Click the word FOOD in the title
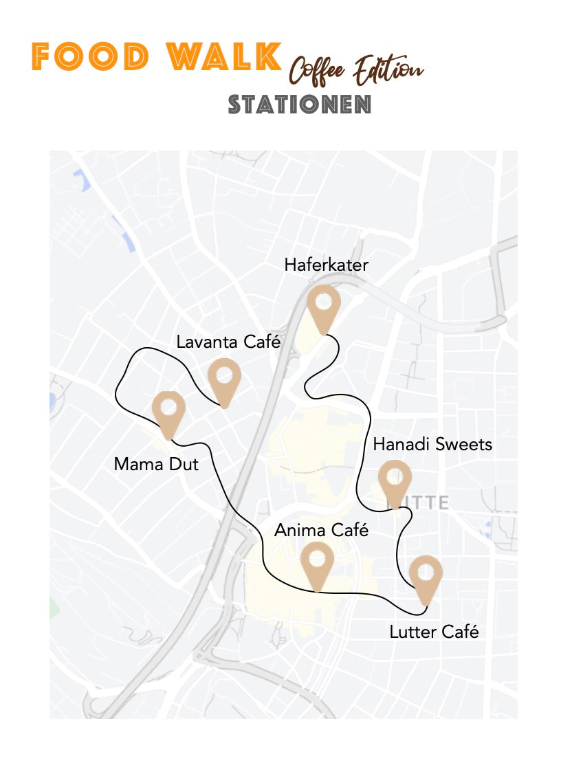click(x=90, y=57)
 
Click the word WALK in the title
click(x=225, y=57)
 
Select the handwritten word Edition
click(x=388, y=68)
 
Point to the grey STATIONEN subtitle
click(x=300, y=104)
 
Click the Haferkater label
click(x=326, y=265)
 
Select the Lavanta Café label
click(x=228, y=342)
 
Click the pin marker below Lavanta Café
click(x=224, y=377)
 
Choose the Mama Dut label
click(x=156, y=464)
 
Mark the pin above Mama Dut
click(x=168, y=410)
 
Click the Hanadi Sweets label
click(x=432, y=444)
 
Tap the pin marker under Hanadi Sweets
click(x=395, y=479)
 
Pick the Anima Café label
click(x=322, y=530)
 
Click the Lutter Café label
click(x=434, y=631)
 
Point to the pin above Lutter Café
click(x=426, y=575)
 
